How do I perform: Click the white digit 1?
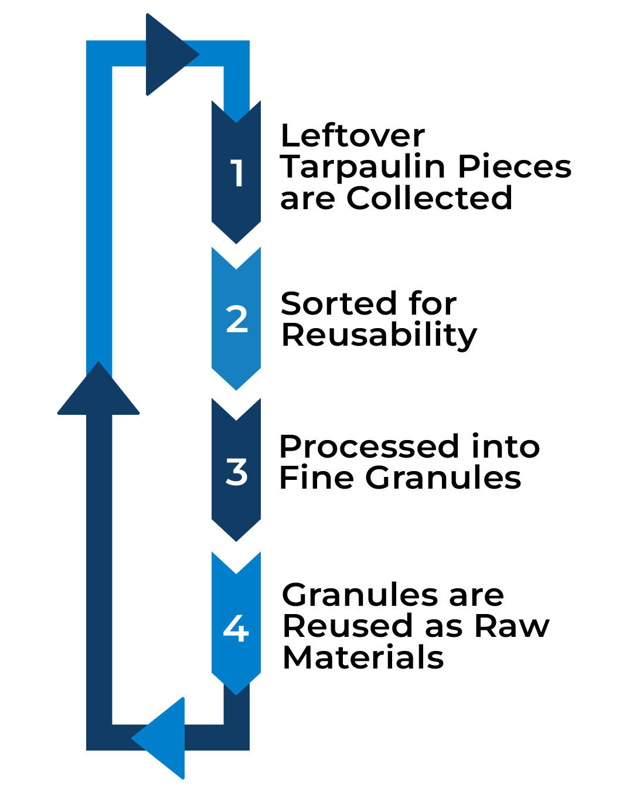point(237,173)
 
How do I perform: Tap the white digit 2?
point(237,319)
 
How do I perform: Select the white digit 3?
point(237,472)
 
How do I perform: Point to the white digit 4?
point(236,628)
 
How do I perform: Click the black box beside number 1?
point(425,166)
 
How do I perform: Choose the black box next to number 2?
point(379,321)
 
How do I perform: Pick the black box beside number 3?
point(410,461)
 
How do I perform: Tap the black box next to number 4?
point(416,625)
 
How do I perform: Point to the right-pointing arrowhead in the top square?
point(192,54)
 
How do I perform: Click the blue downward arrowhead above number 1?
point(236,112)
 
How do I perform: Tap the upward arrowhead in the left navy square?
point(99,370)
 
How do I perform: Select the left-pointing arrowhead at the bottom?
point(139,737)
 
